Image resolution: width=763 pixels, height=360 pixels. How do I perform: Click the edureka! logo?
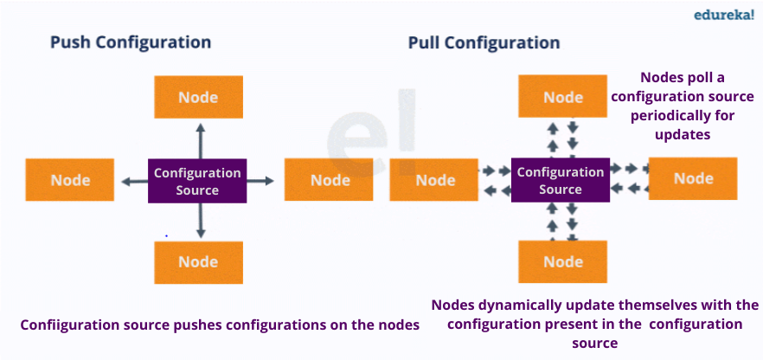click(x=723, y=15)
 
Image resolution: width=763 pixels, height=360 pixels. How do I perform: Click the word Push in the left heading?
click(x=71, y=42)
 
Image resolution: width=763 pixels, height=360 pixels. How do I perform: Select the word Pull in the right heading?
click(x=423, y=42)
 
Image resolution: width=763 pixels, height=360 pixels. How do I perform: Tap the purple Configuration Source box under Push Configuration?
click(x=197, y=181)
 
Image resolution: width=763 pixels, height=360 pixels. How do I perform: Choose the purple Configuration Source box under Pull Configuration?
click(x=560, y=180)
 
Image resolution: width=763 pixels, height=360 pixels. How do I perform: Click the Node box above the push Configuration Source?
click(x=199, y=97)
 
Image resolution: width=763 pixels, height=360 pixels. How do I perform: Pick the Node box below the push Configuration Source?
click(x=199, y=262)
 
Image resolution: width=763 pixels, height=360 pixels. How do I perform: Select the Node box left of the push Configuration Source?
click(x=69, y=179)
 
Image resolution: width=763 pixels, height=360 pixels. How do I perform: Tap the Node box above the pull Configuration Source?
click(x=562, y=96)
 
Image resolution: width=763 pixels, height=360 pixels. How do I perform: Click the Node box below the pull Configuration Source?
click(x=562, y=261)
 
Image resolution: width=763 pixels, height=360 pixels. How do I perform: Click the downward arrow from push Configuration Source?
click(x=200, y=221)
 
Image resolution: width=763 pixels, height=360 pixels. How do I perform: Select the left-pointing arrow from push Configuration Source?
click(x=135, y=182)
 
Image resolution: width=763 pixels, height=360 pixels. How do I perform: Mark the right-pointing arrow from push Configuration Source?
click(x=260, y=181)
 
